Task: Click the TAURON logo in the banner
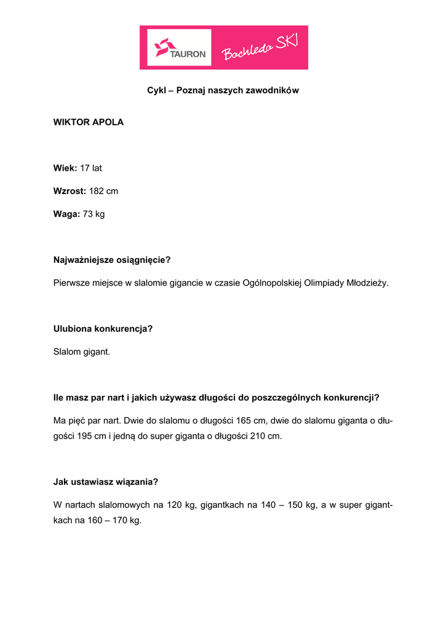point(180,47)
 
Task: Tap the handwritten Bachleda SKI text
point(260,47)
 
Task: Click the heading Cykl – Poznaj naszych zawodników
point(223,90)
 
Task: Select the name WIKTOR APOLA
point(89,122)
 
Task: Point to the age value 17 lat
point(91,168)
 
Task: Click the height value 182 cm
point(103,191)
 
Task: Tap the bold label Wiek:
point(65,168)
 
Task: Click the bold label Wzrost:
point(70,191)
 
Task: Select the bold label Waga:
point(66,214)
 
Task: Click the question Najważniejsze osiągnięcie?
point(112,260)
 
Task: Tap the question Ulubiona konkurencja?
point(103,329)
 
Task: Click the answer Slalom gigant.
point(82,352)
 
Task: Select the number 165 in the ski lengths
point(244,421)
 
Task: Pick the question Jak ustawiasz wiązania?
point(110,482)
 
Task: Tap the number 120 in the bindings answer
point(175,505)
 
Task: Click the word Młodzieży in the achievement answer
point(367,283)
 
